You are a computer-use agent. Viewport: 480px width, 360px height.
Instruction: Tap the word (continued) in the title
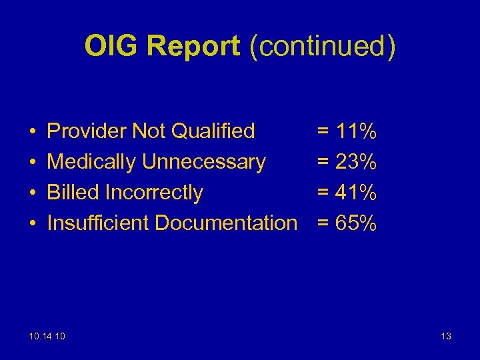[x=322, y=46]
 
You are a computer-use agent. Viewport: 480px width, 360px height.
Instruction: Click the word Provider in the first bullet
[x=87, y=131]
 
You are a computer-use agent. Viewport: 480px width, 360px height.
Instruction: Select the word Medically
[x=91, y=162]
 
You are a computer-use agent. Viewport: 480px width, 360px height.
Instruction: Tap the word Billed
[x=73, y=193]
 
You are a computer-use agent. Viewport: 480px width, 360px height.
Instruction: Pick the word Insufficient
[x=98, y=223]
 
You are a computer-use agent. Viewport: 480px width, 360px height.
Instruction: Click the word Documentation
[x=226, y=223]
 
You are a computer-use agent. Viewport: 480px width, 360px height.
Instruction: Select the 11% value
[x=357, y=131]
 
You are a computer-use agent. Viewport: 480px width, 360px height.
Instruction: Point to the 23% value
[x=357, y=162]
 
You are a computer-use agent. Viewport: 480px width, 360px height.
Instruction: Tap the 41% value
[x=357, y=193]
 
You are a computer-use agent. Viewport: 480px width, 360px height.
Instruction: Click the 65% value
[x=357, y=223]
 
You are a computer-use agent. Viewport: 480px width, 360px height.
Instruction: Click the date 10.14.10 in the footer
[x=48, y=336]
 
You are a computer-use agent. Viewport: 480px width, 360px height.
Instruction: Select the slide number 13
[x=445, y=336]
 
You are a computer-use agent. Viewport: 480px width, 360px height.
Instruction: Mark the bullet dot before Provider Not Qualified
[x=32, y=132]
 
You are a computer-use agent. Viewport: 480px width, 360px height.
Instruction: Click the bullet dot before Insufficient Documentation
[x=32, y=224]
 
